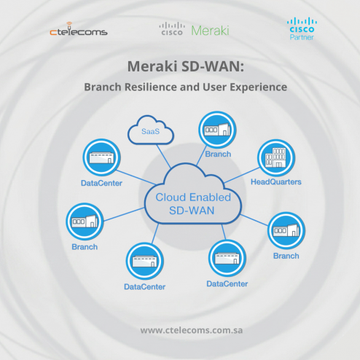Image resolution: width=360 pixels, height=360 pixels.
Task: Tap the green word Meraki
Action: point(210,31)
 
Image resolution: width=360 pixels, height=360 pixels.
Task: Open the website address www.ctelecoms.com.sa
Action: point(191,330)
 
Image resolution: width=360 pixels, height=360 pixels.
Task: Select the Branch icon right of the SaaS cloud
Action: point(217,130)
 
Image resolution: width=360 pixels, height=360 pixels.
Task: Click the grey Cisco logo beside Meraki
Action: point(172,29)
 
